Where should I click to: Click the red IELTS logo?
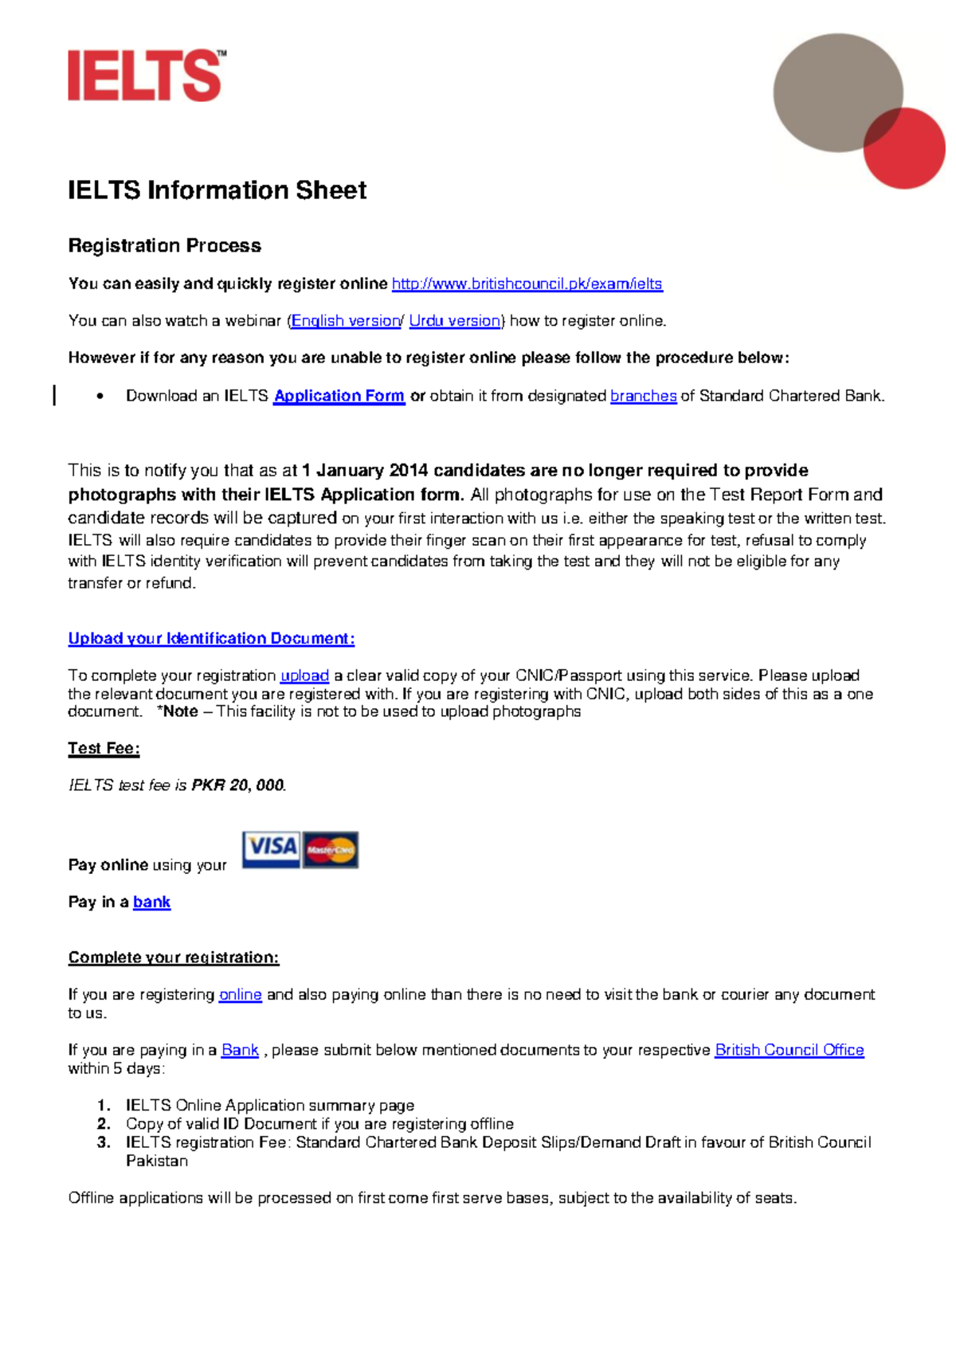pos(146,76)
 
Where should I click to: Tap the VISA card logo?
pos(271,848)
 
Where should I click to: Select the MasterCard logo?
pos(331,850)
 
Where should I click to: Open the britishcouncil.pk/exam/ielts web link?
pos(527,284)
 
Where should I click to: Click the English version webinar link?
pos(345,321)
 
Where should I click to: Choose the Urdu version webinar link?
pos(454,321)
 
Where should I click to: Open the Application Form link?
pos(339,396)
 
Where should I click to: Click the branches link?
pos(643,396)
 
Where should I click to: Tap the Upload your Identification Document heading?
pos(211,639)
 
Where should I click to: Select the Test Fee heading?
pos(104,749)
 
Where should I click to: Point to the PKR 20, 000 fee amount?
pos(237,785)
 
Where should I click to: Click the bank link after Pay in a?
pos(151,903)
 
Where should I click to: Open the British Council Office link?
pos(789,1051)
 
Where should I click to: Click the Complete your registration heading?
pos(174,957)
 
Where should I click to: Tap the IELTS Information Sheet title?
pos(217,190)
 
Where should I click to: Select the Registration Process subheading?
pos(164,246)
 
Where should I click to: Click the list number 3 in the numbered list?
pos(104,1143)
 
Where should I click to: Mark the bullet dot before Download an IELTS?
pos(100,396)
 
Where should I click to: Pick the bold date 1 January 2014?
pos(365,471)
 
